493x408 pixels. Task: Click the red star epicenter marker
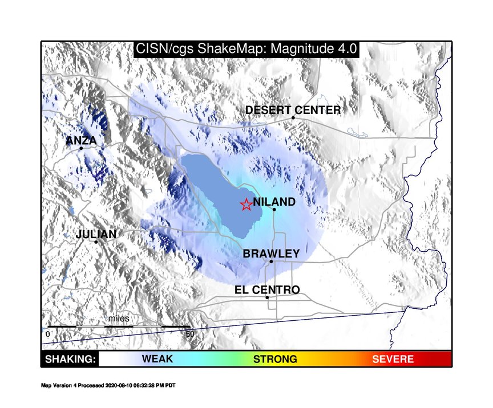[246, 205]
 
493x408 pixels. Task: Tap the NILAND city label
[274, 202]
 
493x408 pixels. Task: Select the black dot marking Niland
[274, 210]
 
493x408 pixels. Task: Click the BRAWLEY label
[271, 254]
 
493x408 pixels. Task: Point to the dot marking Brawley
[271, 262]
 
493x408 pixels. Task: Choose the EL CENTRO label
[267, 289]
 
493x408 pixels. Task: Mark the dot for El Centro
[267, 297]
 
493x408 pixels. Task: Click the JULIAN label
[96, 234]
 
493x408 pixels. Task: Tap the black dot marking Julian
[96, 242]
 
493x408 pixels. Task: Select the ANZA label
[81, 140]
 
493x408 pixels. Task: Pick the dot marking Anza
[81, 148]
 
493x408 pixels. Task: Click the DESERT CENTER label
[293, 110]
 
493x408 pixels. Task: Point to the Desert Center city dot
[293, 118]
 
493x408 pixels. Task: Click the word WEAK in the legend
[157, 358]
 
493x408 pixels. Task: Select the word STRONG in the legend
[275, 359]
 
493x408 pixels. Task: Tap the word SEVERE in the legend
[393, 359]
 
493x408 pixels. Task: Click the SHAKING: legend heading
[70, 359]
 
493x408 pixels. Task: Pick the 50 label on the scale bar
[190, 334]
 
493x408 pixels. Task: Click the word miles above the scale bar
[119, 319]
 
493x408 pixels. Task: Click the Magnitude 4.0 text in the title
[314, 48]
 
